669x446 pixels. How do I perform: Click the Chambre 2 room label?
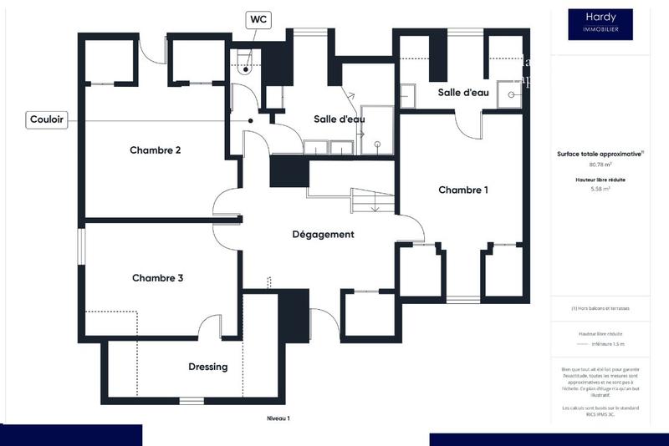tap(156, 150)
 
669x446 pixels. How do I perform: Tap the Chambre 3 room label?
tap(157, 278)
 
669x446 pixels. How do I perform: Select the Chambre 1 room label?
tap(463, 190)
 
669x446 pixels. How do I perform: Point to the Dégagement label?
tap(323, 235)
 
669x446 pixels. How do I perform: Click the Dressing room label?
tap(207, 367)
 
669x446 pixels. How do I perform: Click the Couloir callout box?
tap(47, 119)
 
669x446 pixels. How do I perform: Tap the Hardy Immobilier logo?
tap(600, 24)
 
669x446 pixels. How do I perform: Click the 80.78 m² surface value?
tap(600, 165)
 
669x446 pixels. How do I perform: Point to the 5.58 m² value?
tap(600, 189)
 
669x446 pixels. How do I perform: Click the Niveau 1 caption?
tap(278, 418)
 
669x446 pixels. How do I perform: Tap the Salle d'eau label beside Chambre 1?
tap(463, 93)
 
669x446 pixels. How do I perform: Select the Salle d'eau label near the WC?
tap(339, 119)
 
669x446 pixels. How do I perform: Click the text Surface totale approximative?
tap(600, 154)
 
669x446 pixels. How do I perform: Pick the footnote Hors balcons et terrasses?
tap(600, 308)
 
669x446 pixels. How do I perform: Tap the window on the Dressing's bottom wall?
tap(192, 401)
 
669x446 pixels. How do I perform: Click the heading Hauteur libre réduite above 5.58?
tap(600, 180)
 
